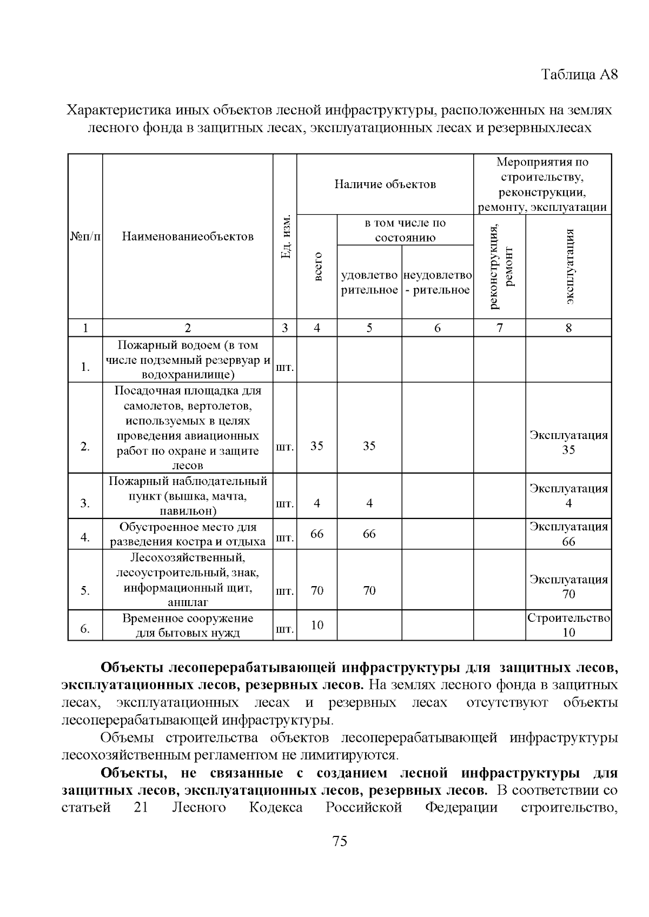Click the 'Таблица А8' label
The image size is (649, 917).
579,74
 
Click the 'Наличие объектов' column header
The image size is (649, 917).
385,184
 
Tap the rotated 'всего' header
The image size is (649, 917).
317,266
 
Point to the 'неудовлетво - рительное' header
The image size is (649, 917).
438,283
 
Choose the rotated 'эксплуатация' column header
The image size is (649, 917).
569,267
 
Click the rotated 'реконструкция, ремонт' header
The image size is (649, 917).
500,267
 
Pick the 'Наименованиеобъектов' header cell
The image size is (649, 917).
188,236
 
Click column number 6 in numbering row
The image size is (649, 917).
438,328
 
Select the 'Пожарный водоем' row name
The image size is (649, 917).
188,360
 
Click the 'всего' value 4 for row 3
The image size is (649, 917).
317,503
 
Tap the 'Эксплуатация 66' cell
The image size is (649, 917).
568,534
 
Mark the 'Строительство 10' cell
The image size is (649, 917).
568,625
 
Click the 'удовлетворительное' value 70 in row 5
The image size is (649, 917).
369,590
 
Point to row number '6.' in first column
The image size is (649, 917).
85,629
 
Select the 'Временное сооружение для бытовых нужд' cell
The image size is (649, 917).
188,626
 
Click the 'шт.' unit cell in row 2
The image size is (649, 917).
285,447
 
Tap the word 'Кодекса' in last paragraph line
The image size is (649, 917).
275,808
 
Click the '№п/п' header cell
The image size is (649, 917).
85,236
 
